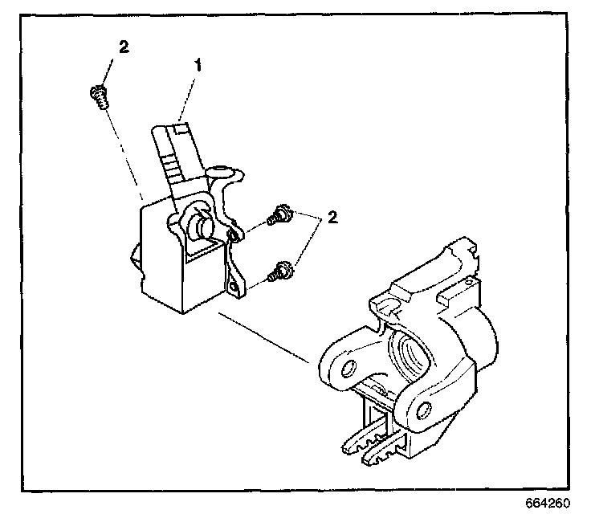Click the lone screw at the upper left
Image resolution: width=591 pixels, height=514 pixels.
coord(97,96)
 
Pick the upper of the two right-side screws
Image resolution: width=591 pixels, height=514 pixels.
coord(279,216)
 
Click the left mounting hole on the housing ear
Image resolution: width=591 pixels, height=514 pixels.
coord(348,368)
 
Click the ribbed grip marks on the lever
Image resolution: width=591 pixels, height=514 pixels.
coord(171,165)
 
